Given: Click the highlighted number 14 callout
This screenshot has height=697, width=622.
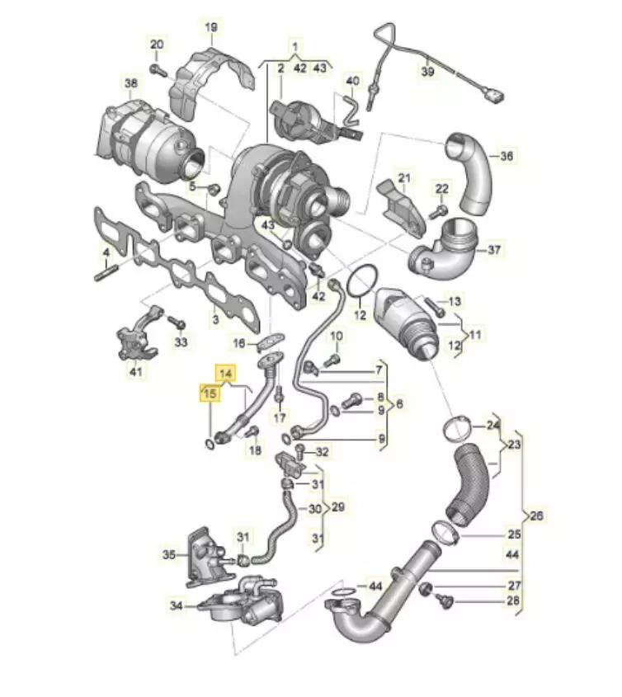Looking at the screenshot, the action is click(x=226, y=374).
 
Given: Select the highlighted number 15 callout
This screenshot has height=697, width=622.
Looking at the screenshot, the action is click(x=210, y=393).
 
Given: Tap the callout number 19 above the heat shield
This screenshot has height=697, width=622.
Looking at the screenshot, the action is click(x=210, y=27).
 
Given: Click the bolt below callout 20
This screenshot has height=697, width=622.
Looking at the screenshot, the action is click(x=157, y=69).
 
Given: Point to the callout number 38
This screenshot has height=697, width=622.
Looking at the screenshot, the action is click(x=130, y=83).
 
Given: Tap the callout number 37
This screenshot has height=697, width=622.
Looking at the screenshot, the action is click(x=494, y=250).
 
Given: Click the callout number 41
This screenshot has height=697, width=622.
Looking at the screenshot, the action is click(x=135, y=371).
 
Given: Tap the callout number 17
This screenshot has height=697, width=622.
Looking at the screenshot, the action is click(x=280, y=417).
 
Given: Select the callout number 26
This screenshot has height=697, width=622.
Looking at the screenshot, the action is click(x=537, y=516).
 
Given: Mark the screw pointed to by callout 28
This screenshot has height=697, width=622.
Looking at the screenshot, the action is click(x=444, y=600).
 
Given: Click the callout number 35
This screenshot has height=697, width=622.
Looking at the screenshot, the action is click(x=168, y=555).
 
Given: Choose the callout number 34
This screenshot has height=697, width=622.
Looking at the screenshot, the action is click(x=176, y=605).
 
